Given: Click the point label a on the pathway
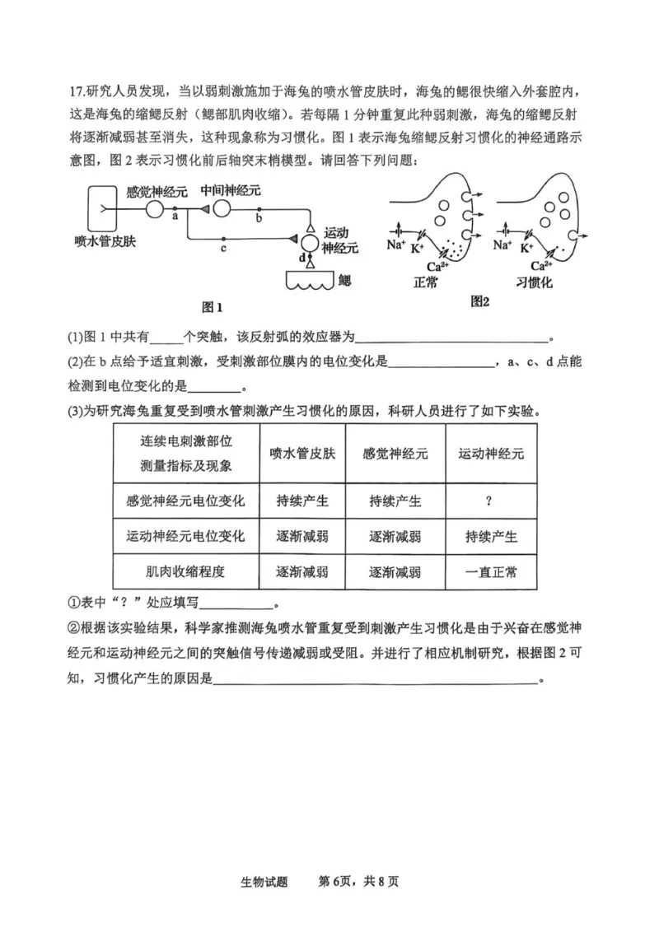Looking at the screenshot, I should click(x=175, y=217).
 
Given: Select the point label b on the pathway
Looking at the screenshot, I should click(x=259, y=219).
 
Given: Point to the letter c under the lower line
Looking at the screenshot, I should click(x=224, y=247).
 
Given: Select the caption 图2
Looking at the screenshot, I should click(x=479, y=301).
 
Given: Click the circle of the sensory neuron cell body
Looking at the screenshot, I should click(x=153, y=211).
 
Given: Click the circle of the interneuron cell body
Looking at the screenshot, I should click(x=221, y=211).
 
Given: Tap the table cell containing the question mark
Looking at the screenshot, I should click(x=490, y=500).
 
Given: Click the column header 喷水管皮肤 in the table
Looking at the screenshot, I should click(x=302, y=454).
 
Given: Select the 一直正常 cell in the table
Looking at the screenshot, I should click(x=490, y=572).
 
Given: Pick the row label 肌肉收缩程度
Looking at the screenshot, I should click(x=185, y=572).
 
